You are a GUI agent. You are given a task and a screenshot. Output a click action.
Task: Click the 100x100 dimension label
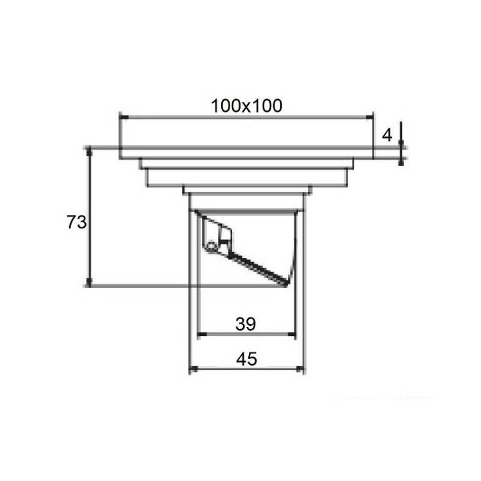pyautogui.click(x=246, y=106)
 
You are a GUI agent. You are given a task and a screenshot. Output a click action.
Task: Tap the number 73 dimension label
pyautogui.click(x=76, y=222)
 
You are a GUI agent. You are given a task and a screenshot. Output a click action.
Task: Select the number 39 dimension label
pyautogui.click(x=246, y=324)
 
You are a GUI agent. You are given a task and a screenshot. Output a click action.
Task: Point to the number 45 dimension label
pyautogui.click(x=246, y=359)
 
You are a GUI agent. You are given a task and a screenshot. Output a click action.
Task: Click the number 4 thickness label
pyautogui.click(x=387, y=135)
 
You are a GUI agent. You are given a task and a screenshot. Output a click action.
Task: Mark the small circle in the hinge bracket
pyautogui.click(x=211, y=246)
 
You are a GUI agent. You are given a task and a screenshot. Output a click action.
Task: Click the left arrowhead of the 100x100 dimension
pyautogui.click(x=124, y=117)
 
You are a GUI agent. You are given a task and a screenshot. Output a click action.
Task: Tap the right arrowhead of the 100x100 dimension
pyautogui.click(x=369, y=117)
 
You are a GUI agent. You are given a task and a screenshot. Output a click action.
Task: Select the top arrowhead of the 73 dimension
pyautogui.click(x=89, y=151)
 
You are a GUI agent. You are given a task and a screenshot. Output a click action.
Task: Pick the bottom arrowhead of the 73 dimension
pyautogui.click(x=89, y=282)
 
